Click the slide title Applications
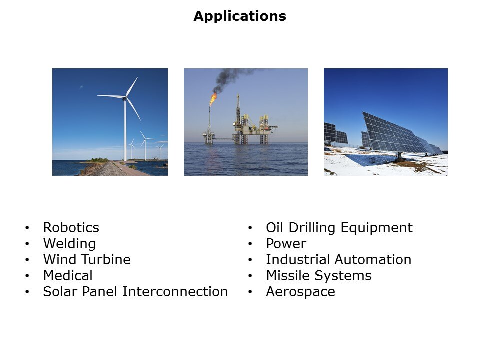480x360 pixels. click(240, 16)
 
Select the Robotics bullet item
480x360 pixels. click(71, 228)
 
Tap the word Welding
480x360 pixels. click(70, 244)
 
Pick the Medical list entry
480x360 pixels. click(68, 276)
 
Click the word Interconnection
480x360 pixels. click(175, 291)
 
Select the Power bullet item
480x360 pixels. click(286, 244)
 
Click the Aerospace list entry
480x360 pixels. click(300, 292)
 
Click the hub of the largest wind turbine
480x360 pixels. click(125, 98)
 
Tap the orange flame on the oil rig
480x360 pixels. click(213, 99)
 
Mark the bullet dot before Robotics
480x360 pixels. click(27, 228)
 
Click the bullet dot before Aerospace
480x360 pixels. click(250, 291)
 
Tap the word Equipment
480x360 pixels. click(377, 228)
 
